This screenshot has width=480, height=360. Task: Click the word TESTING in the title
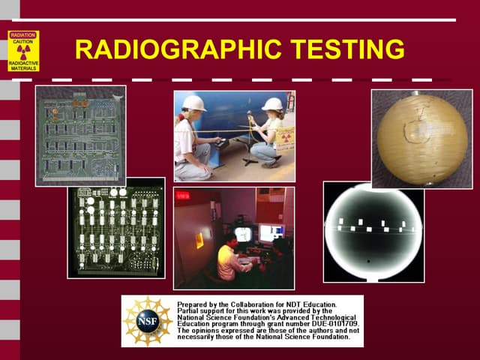pyautogui.click(x=348, y=50)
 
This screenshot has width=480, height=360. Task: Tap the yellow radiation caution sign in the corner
pyautogui.click(x=23, y=51)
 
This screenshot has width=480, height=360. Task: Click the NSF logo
pyautogui.click(x=147, y=321)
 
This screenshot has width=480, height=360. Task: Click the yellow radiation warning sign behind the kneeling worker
pyautogui.click(x=285, y=136)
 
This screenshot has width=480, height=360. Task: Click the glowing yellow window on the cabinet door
pyautogui.click(x=199, y=240)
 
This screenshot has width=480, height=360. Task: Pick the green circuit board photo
pyautogui.click(x=80, y=135)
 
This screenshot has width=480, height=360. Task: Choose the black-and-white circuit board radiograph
pyautogui.click(x=115, y=228)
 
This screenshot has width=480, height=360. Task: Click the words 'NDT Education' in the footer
pyautogui.click(x=312, y=304)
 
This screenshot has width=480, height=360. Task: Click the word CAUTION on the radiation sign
pyautogui.click(x=23, y=40)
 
